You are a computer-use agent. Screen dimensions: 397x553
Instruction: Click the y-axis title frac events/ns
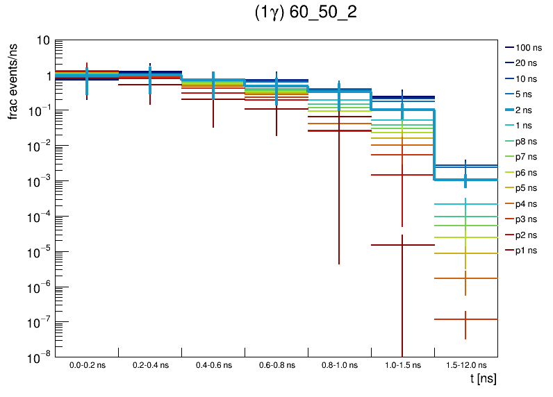tap(13, 81)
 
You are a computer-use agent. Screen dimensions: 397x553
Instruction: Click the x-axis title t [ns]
tap(483, 379)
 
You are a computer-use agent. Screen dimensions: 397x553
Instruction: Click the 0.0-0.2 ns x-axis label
tap(87, 364)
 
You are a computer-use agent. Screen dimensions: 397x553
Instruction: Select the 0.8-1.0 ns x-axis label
tap(339, 364)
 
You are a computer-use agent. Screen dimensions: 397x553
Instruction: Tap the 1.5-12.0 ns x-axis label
tap(465, 364)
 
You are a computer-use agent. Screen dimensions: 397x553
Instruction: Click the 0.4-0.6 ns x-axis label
tap(213, 364)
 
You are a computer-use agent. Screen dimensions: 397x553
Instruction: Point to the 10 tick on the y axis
tap(42, 41)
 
